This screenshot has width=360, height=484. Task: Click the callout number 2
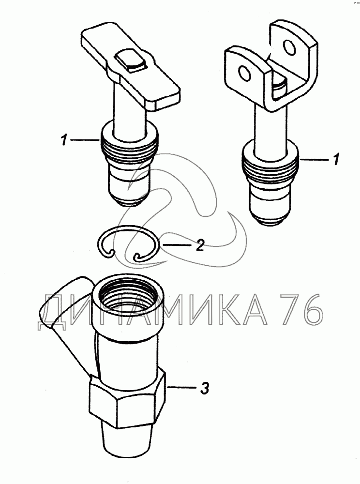199,245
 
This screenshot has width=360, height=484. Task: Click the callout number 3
205,388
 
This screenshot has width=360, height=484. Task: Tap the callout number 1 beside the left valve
64,141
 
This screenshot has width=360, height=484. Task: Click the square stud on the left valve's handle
130,61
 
